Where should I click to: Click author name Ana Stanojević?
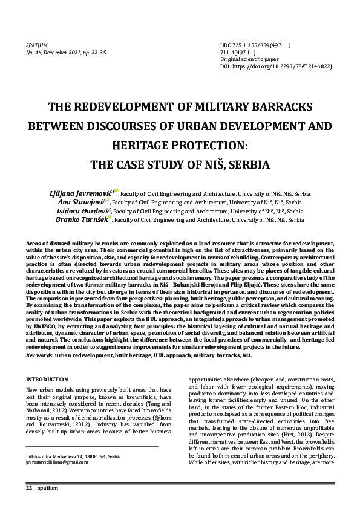click(80, 202)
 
